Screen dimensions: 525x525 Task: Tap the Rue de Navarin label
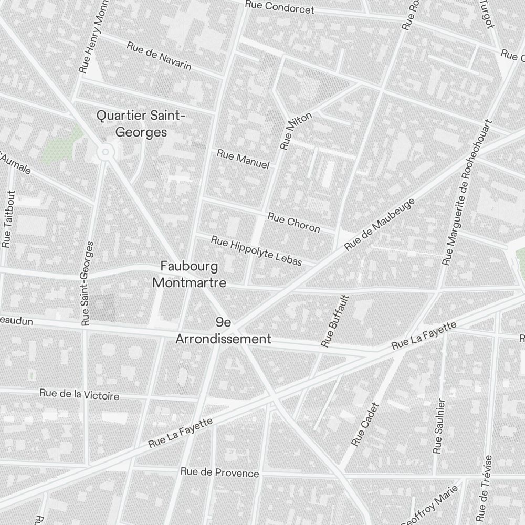coord(159,56)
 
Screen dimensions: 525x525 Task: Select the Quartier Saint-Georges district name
coord(141,123)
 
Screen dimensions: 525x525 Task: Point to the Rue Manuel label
coord(243,159)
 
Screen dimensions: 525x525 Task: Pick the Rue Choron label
coord(293,222)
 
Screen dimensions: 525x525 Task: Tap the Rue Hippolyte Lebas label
coord(257,250)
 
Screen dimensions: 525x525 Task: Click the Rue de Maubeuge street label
coord(380,224)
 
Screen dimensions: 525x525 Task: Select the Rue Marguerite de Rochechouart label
coord(469,194)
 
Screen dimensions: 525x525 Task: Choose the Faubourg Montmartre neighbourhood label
coord(189,274)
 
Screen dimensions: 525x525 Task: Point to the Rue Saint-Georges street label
coord(88,283)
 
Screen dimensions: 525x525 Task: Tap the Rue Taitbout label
coord(9,219)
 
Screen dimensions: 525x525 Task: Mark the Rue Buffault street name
coord(335,321)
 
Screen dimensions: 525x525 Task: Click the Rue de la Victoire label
coord(79,394)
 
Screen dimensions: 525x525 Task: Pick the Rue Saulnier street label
coord(439,426)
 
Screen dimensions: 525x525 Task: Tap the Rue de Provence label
coord(219,472)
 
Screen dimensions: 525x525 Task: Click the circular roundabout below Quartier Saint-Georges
coord(106,152)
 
